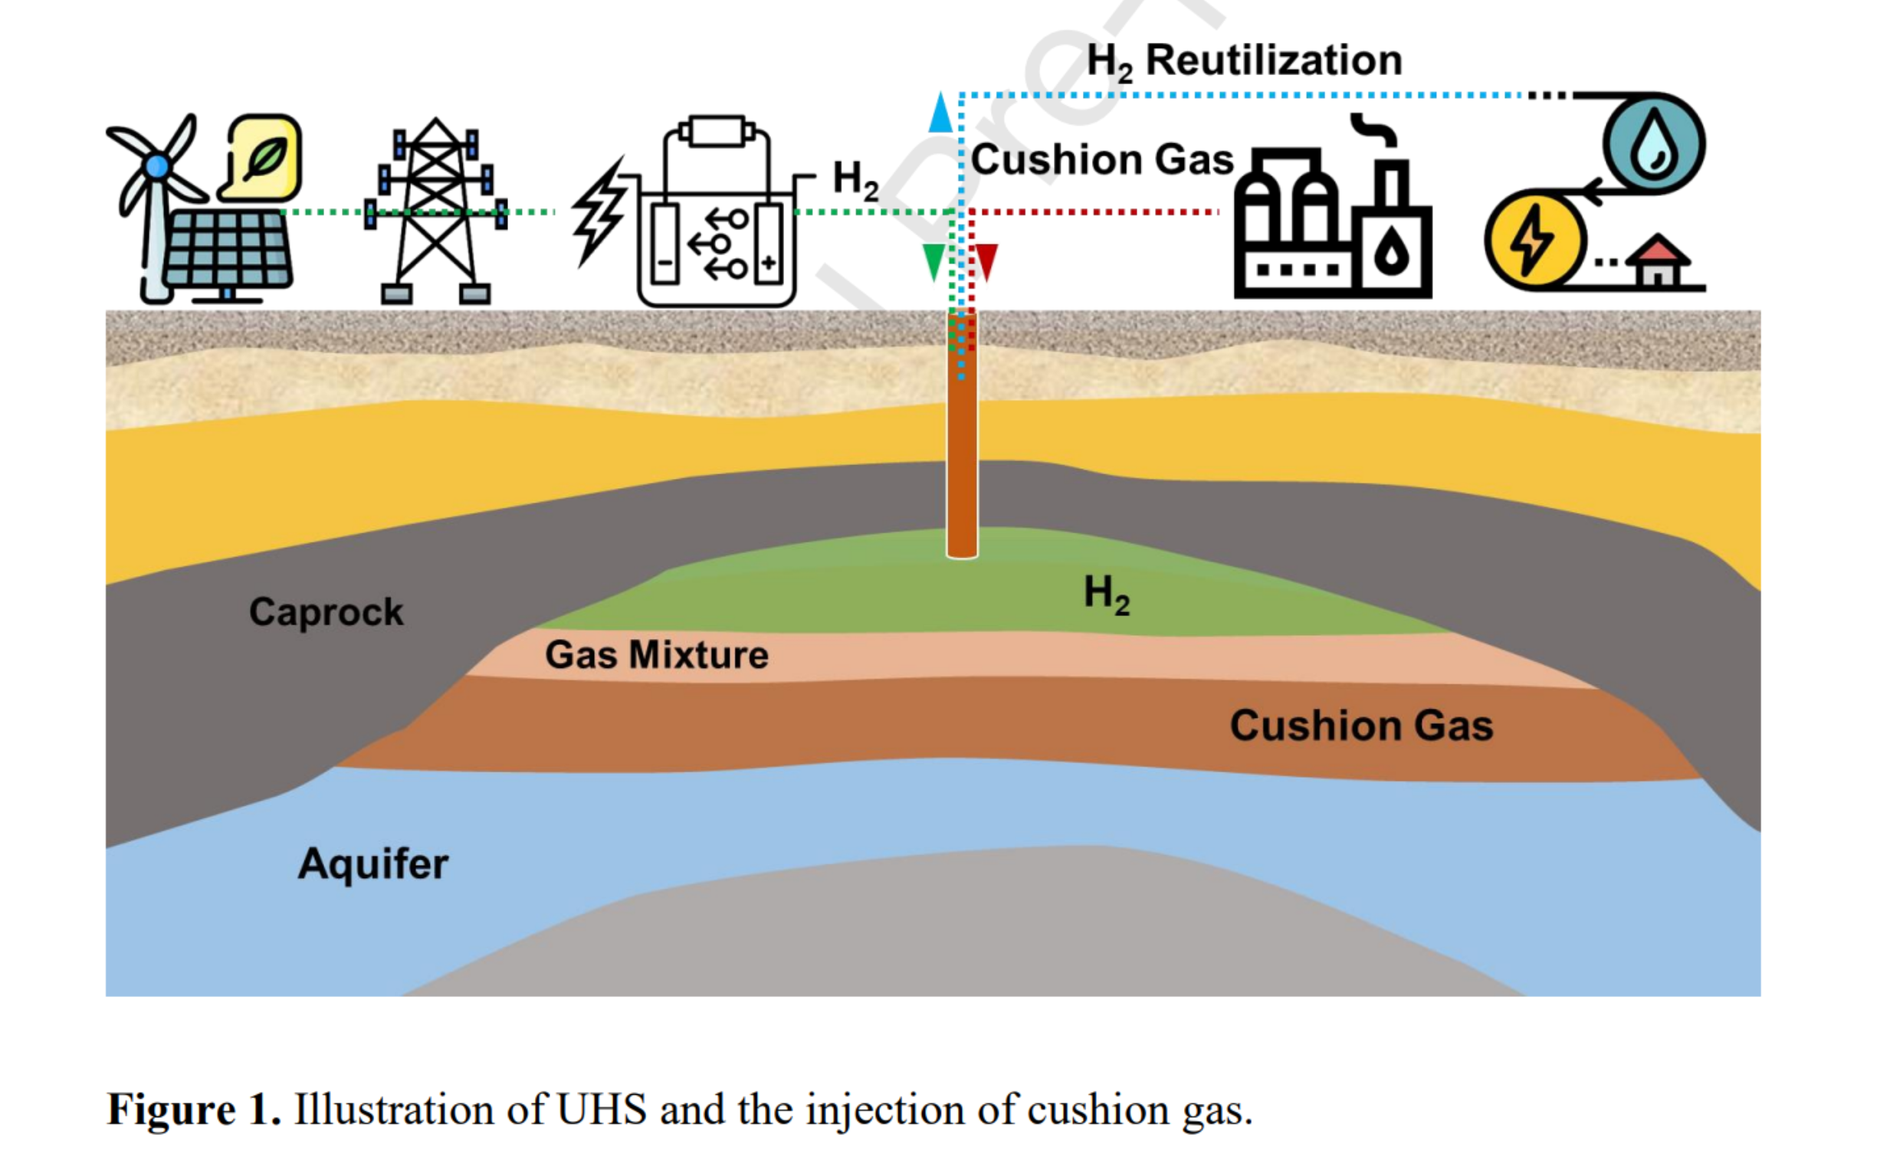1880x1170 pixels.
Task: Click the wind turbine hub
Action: (157, 166)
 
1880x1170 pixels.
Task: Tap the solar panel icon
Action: (227, 249)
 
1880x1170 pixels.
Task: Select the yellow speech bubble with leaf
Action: (264, 157)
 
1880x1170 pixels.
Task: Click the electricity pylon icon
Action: (436, 211)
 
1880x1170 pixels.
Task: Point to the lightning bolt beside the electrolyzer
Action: (599, 211)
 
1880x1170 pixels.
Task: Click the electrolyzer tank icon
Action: (717, 224)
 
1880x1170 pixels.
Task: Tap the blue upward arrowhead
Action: (940, 113)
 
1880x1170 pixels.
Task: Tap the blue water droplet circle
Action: (1653, 145)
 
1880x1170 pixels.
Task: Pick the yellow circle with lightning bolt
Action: (1534, 240)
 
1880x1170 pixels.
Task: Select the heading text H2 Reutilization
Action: (1245, 61)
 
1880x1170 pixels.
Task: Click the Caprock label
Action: (326, 612)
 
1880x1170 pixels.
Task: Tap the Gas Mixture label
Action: (656, 655)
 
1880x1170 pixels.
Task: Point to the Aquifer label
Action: (373, 864)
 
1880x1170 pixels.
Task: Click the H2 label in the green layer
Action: (1107, 595)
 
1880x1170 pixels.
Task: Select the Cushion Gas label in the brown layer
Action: (1361, 726)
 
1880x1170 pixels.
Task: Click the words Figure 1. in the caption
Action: (193, 1109)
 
